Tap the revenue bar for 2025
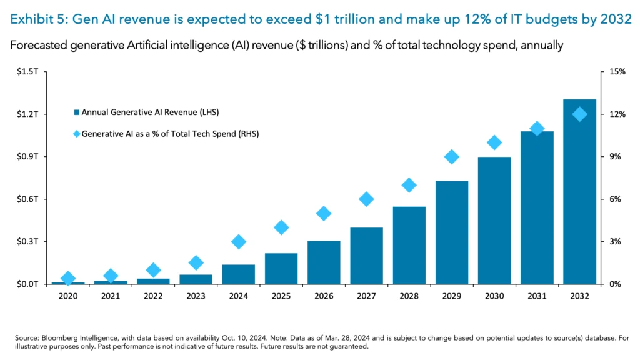(281, 268)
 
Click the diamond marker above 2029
(452, 157)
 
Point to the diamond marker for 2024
(239, 242)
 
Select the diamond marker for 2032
(580, 114)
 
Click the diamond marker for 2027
(366, 199)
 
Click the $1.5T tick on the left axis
(29, 72)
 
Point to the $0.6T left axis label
(29, 199)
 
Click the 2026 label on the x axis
(324, 296)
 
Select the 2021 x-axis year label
(111, 296)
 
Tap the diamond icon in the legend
(76, 134)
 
